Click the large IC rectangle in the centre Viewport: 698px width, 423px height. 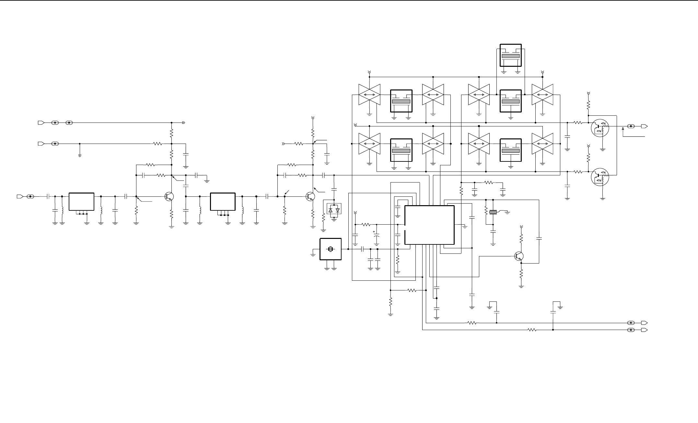tap(430, 225)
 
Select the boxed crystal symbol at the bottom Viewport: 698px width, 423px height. tap(331, 249)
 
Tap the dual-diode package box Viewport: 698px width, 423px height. tap(334, 210)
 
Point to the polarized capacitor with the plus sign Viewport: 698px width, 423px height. tap(377, 239)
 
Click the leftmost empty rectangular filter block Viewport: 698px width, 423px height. tap(82, 202)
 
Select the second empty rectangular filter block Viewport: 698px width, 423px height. tap(223, 202)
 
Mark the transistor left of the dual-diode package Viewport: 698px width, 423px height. tap(310, 196)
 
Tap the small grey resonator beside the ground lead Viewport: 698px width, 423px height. tap(493, 212)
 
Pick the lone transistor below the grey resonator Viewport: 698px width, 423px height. tap(519, 256)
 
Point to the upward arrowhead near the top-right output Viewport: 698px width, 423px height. tap(623, 129)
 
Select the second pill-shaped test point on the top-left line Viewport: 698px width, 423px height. tap(69, 123)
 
